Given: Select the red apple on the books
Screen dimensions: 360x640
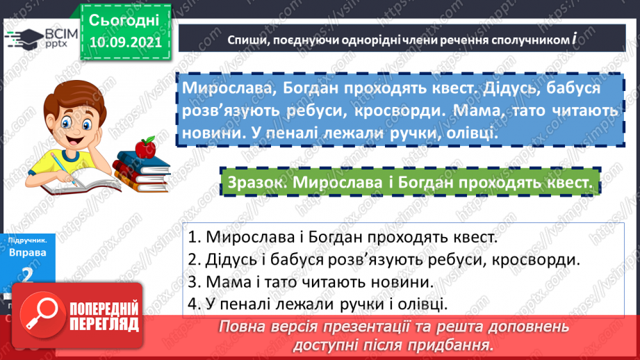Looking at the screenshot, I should coord(145,147).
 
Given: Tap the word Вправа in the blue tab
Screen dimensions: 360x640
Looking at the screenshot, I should coord(28,252).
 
